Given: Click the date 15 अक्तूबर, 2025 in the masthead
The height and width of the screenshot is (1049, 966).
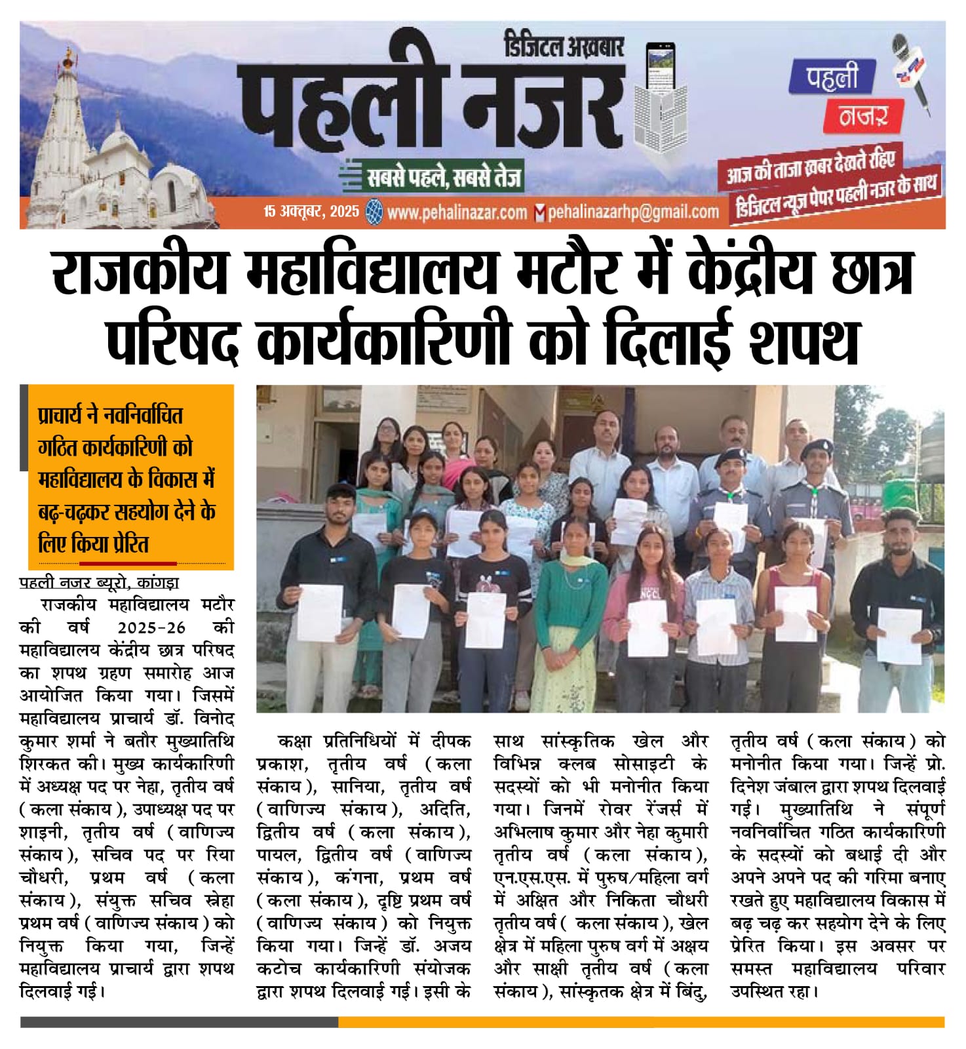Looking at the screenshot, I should pyautogui.click(x=311, y=211).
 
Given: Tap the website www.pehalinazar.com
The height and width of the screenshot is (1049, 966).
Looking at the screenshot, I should pyautogui.click(x=457, y=212).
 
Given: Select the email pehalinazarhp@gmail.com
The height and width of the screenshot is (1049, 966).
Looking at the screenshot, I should pyautogui.click(x=633, y=212).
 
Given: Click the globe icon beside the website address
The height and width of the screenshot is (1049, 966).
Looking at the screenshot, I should pyautogui.click(x=375, y=212).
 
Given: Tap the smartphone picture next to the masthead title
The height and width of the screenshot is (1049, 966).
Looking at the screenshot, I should pyautogui.click(x=659, y=66).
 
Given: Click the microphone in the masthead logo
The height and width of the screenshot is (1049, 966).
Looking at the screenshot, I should pyautogui.click(x=911, y=66).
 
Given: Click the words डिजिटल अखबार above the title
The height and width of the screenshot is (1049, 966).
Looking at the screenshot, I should pyautogui.click(x=564, y=47).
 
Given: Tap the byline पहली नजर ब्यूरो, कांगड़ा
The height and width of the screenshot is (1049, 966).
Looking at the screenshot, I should pyautogui.click(x=99, y=582).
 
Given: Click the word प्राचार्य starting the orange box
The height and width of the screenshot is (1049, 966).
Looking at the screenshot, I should pyautogui.click(x=68, y=416).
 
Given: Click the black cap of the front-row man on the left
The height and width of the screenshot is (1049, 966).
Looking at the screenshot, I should pyautogui.click(x=341, y=490).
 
